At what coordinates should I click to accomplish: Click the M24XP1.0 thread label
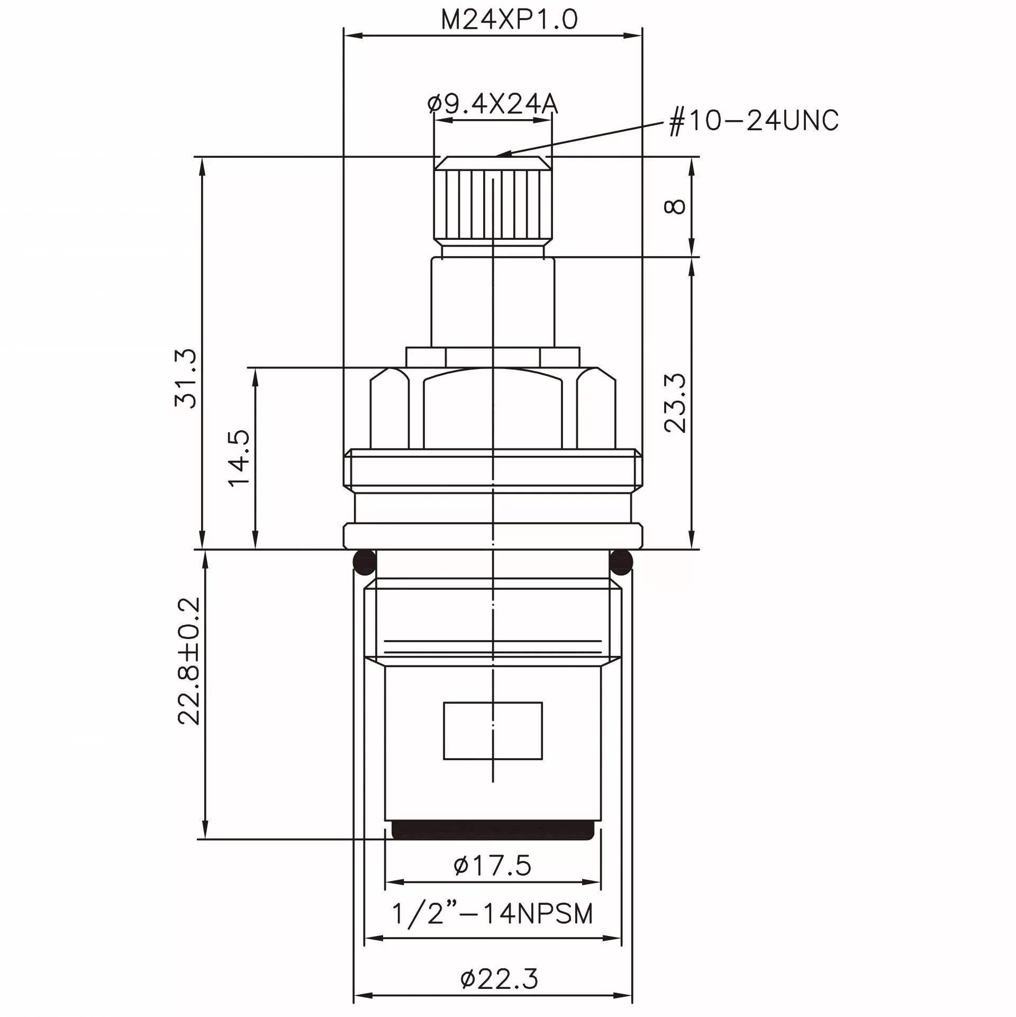[x=509, y=20]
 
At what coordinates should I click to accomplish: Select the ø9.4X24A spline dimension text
[x=493, y=104]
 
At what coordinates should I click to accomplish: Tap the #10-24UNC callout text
[x=754, y=121]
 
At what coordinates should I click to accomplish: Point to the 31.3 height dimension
[x=186, y=378]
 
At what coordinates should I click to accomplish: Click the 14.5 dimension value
[x=239, y=457]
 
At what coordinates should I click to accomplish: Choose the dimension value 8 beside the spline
[x=675, y=206]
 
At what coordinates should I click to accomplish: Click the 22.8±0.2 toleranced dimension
[x=189, y=661]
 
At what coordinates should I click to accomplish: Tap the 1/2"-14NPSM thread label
[x=492, y=914]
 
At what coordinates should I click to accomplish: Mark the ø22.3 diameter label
[x=499, y=979]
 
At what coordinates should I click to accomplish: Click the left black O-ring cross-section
[x=365, y=563]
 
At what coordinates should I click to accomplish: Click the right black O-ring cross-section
[x=621, y=563]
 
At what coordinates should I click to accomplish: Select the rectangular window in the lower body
[x=493, y=731]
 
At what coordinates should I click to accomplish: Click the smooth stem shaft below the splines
[x=493, y=302]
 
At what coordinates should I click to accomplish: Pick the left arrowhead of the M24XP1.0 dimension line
[x=351, y=35]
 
